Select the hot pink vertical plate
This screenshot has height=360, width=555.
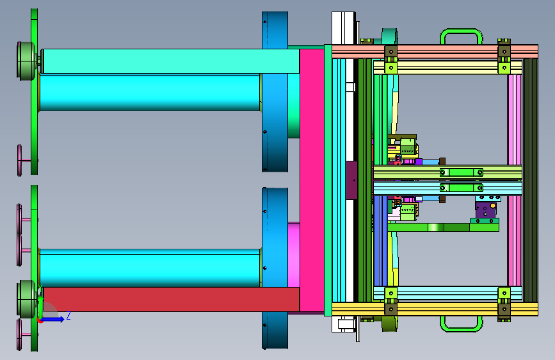point(312,181)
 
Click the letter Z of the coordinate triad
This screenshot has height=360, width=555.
point(68,315)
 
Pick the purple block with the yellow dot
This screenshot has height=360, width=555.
point(485,209)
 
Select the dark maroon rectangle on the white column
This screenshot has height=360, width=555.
point(351,180)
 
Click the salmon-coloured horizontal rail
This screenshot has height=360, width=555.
point(435,51)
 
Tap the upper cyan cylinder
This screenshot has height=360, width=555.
point(150,92)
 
